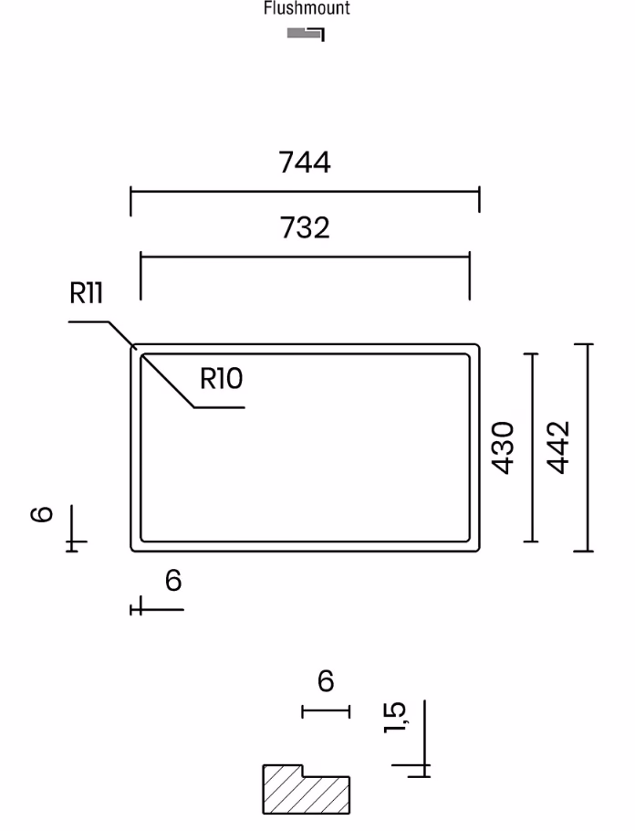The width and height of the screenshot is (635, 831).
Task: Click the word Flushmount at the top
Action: (x=307, y=8)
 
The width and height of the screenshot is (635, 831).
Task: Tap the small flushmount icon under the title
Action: (x=306, y=35)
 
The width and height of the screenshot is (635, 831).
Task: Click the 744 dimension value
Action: (x=305, y=163)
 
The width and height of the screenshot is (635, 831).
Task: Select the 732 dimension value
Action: (x=305, y=227)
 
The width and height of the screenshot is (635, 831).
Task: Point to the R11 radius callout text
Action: (x=86, y=292)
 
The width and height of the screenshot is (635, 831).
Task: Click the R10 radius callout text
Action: (x=222, y=378)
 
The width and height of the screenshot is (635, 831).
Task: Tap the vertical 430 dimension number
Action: (x=503, y=447)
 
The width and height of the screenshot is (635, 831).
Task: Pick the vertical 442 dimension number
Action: (x=558, y=447)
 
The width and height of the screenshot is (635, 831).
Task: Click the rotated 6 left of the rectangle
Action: (x=41, y=514)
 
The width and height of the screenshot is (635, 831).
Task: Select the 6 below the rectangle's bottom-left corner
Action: (x=173, y=580)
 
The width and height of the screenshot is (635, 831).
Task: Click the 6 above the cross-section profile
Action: (x=326, y=681)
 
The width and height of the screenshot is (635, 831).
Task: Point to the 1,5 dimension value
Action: (x=395, y=717)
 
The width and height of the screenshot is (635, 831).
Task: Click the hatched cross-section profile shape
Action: (x=307, y=790)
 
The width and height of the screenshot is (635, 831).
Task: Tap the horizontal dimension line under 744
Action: (x=305, y=192)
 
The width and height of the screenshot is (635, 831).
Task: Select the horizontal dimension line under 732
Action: (x=305, y=257)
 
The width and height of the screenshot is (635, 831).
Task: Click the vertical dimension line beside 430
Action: (x=531, y=447)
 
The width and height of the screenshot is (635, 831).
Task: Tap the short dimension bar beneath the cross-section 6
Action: (x=326, y=711)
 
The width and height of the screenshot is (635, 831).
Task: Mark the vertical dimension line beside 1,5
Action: (x=425, y=739)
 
